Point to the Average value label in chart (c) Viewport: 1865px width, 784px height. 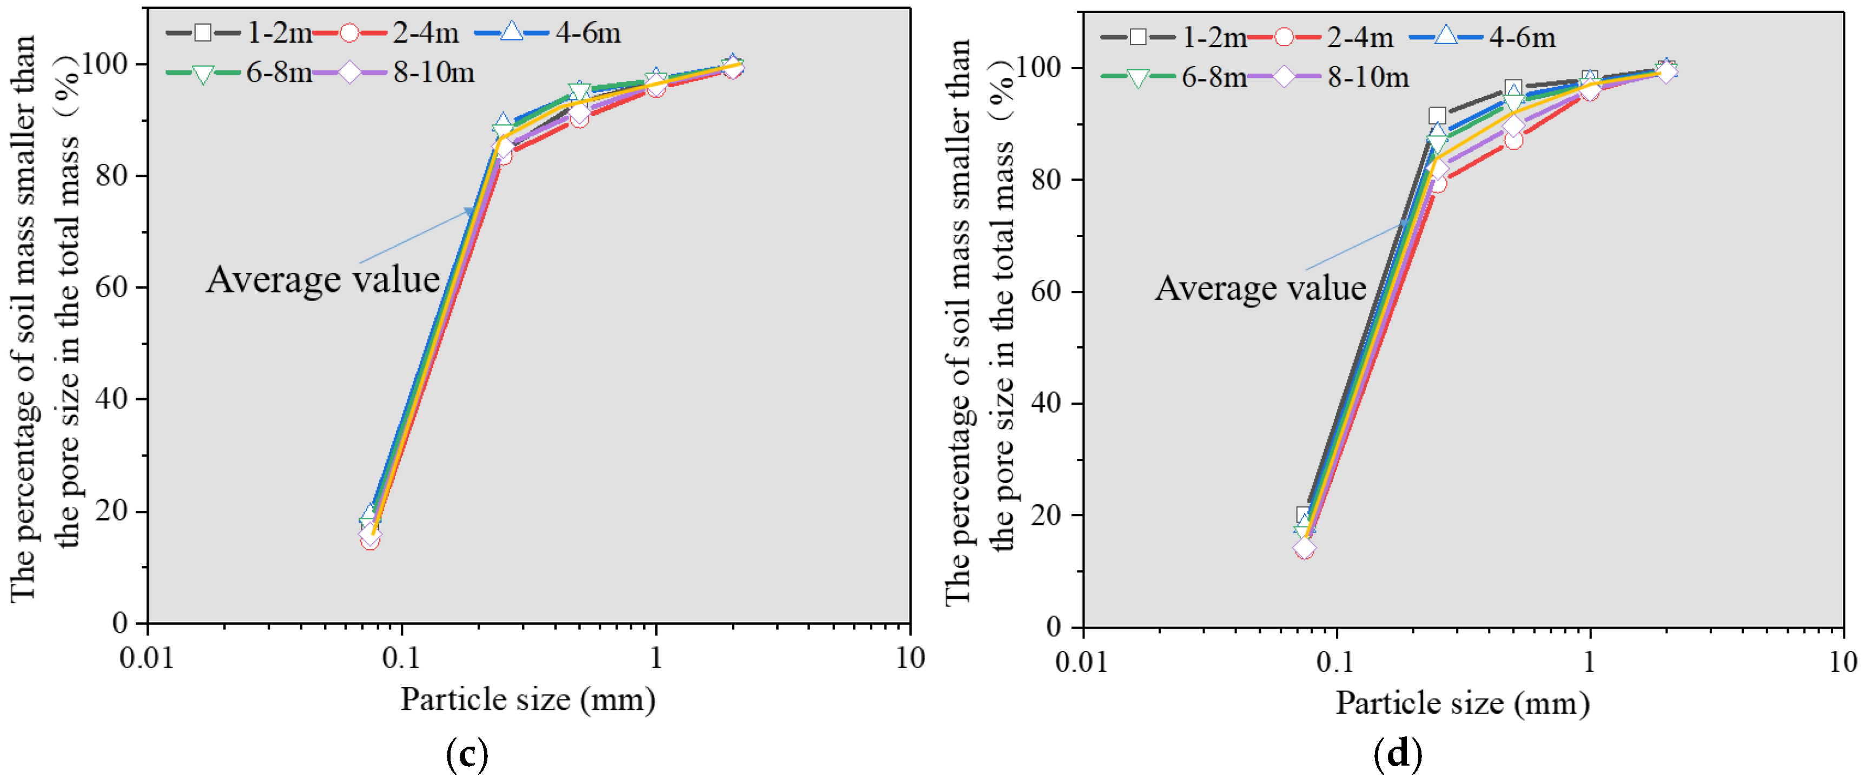pos(323,279)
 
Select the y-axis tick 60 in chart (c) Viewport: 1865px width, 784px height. pos(112,287)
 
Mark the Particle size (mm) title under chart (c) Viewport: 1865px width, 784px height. pos(528,699)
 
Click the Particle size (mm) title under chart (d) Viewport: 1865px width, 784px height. pos(1463,703)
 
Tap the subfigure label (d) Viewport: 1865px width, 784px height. pos(1397,754)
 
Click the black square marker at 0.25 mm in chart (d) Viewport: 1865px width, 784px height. pos(1437,116)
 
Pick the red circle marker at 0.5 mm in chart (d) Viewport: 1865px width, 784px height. pos(1513,141)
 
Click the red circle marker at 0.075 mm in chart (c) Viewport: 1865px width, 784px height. pos(370,541)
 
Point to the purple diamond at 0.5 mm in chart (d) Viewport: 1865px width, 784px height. pos(1513,126)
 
